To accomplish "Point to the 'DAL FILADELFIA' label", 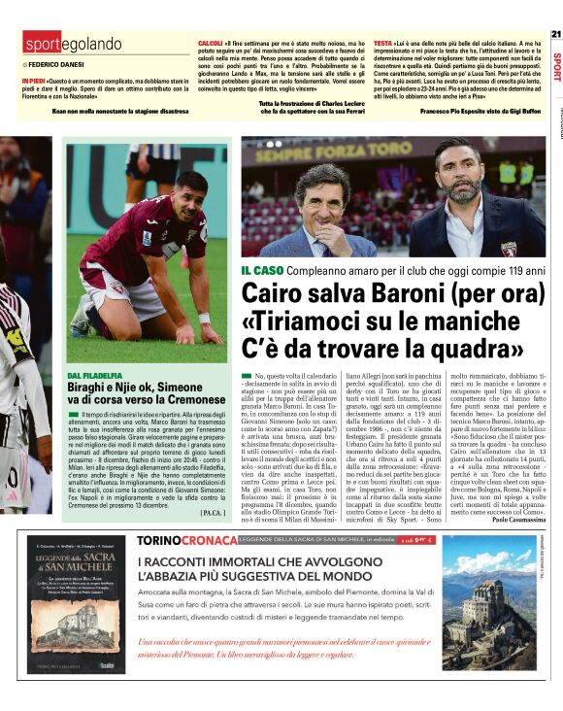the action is click(95, 374).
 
